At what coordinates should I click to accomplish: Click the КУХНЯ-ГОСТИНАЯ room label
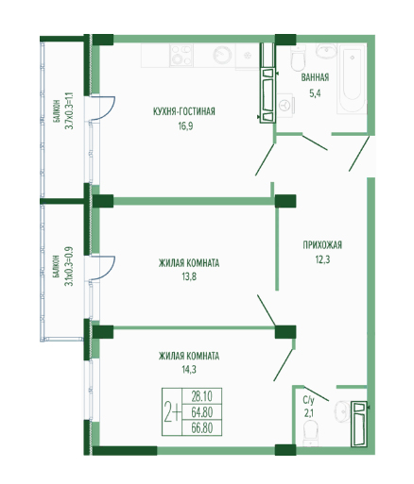coord(184,111)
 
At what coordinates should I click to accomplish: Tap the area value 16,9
coord(185,126)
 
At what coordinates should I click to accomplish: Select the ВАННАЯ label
coord(315,77)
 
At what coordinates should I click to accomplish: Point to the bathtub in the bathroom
coord(352,78)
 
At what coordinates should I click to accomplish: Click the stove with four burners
coord(181,56)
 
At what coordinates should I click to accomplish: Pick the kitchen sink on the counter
coord(222,56)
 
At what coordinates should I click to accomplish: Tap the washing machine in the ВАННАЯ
coord(285,105)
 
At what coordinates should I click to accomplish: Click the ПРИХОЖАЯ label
coord(322,244)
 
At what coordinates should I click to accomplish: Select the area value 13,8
coord(189,276)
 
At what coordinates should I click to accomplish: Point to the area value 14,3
coord(189,369)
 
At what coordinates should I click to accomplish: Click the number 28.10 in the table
coord(202,396)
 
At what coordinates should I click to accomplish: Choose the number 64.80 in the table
coord(202,411)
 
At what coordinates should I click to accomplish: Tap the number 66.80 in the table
coord(202,427)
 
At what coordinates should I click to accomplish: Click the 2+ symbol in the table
coord(172,412)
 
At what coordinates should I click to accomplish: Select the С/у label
coord(308,400)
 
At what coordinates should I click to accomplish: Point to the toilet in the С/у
coord(310,433)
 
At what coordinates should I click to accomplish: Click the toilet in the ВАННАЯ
coord(298,58)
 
